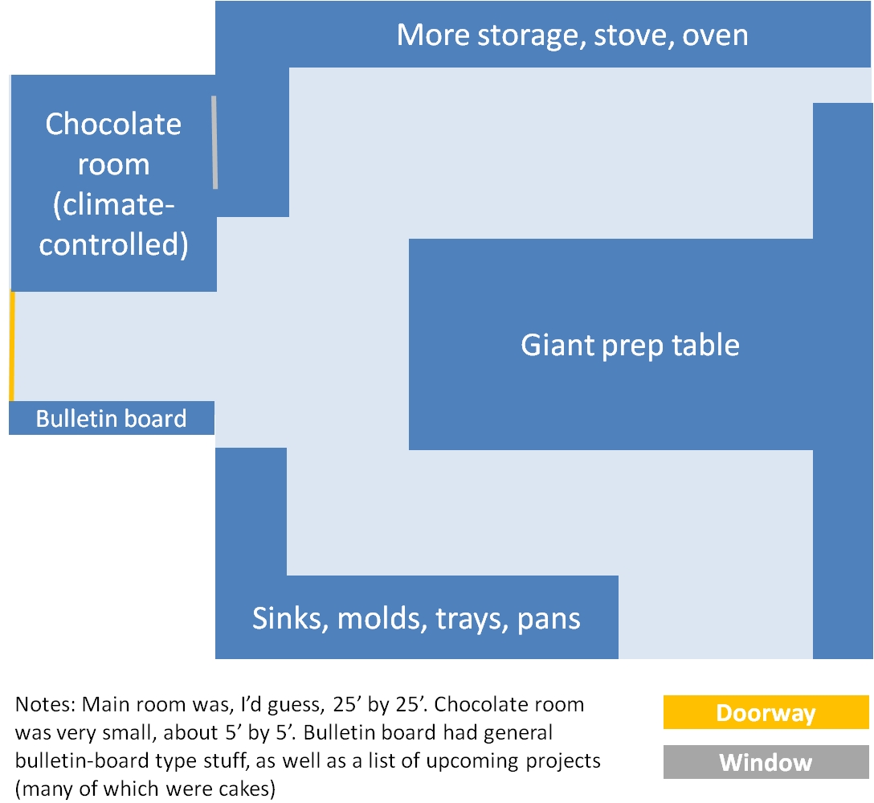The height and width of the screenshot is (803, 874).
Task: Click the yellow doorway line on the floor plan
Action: (12, 346)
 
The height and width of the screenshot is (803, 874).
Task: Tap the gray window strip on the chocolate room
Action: (214, 142)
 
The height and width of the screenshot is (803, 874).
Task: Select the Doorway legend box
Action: (766, 712)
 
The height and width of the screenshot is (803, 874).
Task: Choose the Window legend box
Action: (766, 762)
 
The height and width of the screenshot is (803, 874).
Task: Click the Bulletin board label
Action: (112, 418)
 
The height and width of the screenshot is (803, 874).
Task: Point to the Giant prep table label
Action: (630, 345)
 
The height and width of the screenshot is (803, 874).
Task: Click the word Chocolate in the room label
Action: (114, 123)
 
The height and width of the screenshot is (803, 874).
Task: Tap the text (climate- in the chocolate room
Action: (114, 205)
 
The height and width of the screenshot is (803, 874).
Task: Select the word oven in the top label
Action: (715, 35)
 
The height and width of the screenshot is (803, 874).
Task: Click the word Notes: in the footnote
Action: (45, 704)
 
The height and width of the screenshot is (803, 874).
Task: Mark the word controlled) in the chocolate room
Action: (114, 244)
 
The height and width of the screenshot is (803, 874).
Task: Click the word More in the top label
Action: (433, 35)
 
